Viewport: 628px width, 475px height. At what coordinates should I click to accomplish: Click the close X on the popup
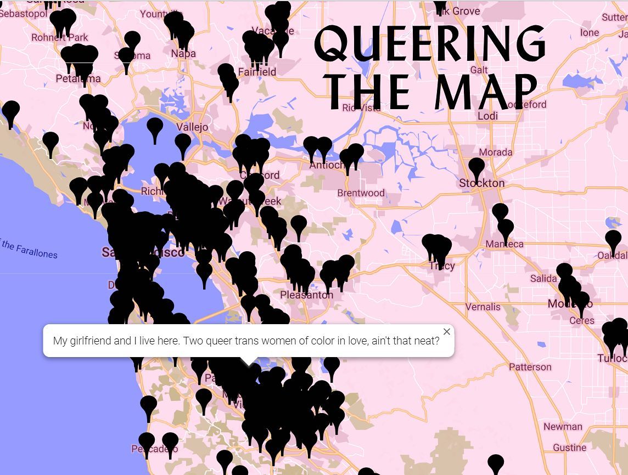tap(447, 332)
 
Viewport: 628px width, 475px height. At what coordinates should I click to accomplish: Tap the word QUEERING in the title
tap(430, 44)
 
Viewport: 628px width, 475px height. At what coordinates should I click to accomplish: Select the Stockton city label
tap(481, 183)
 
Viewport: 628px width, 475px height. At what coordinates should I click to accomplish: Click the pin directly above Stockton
tap(476, 167)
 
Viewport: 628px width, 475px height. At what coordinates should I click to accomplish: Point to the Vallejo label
tap(193, 127)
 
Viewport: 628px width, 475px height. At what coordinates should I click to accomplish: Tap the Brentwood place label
tap(361, 193)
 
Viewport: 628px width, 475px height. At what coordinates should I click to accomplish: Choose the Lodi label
tap(487, 116)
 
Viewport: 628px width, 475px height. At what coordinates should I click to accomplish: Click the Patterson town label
tap(530, 367)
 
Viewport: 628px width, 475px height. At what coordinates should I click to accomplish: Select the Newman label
tap(563, 427)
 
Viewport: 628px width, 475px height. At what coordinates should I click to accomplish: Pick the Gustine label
tap(569, 448)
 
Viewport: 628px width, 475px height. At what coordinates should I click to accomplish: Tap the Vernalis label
tap(483, 307)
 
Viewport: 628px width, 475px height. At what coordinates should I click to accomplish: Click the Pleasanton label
tap(306, 295)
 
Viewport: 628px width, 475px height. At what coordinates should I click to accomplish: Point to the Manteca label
tap(504, 244)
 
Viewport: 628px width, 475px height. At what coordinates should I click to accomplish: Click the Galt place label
tap(479, 70)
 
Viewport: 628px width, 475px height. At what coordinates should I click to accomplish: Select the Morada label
tap(496, 152)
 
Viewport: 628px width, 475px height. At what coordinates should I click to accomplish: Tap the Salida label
tap(543, 279)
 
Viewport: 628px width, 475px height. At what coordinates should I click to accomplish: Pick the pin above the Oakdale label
tap(613, 240)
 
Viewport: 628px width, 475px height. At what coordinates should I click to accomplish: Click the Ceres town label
tap(581, 320)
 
